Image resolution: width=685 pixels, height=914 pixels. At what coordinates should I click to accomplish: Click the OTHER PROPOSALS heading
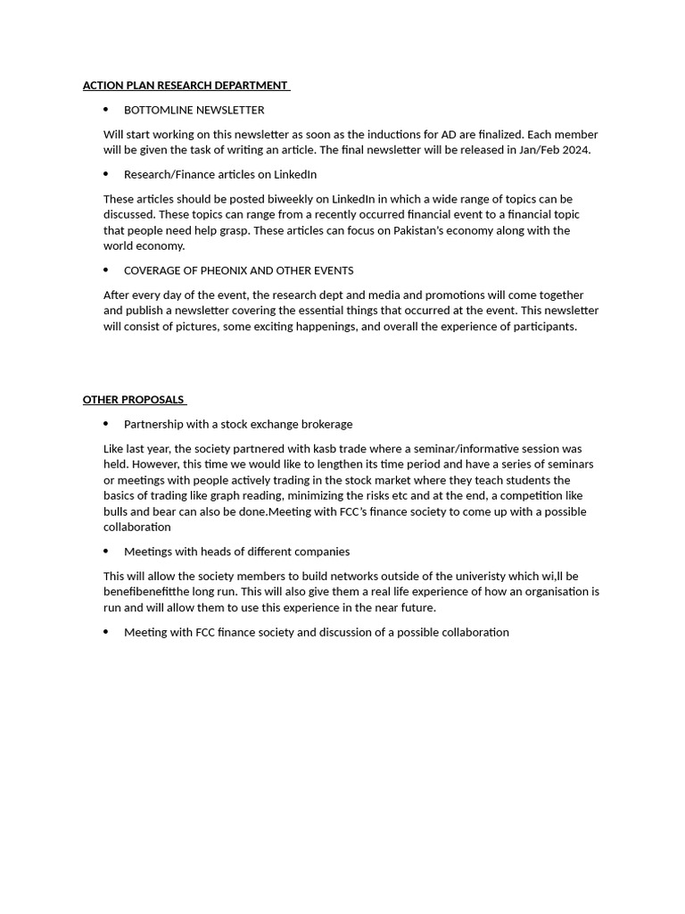[133, 400]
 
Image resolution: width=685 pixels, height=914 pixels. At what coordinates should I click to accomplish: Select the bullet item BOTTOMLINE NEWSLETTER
[194, 110]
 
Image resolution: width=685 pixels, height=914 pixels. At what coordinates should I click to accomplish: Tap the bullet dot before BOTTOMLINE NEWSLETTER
[106, 110]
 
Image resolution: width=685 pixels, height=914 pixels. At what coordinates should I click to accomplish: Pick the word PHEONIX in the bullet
[225, 270]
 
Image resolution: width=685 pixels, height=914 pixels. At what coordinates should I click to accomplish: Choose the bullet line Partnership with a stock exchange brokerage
[237, 424]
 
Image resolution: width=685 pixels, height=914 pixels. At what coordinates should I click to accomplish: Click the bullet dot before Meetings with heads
[106, 552]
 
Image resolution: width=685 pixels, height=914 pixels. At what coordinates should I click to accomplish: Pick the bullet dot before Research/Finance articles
[106, 174]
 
